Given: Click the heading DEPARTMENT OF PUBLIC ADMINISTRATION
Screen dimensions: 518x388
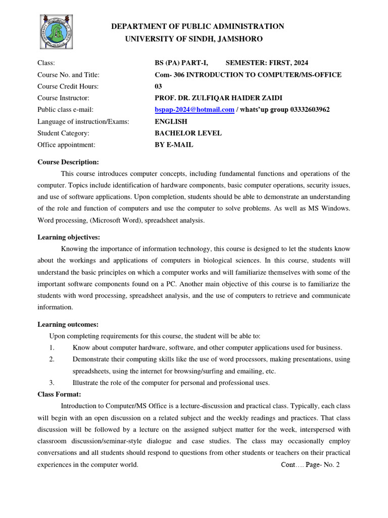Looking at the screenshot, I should pos(198,26).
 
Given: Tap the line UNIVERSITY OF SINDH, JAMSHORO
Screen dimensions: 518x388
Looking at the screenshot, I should pos(193,39).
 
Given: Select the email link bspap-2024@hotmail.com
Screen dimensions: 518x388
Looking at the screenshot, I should pos(194,110).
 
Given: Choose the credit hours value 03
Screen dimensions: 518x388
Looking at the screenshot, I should pos(158,87).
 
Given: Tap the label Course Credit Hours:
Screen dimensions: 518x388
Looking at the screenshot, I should pos(68,87).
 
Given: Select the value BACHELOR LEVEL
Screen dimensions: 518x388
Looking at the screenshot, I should pos(188,133).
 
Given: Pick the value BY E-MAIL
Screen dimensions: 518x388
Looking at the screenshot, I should pos(174,145).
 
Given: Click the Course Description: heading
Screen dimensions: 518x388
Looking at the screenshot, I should pos(68,162).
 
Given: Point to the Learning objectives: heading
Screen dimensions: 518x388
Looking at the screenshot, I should pos(69,237).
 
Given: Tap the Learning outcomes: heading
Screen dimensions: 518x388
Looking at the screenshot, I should pos(68,324).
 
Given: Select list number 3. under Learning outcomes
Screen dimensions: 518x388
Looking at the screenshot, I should pos(52,383).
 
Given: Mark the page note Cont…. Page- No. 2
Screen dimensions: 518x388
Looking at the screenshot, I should pos(310,464).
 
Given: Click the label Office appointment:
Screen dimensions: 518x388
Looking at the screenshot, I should pos(66,145).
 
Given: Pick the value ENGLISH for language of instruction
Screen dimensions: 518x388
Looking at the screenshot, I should pos(171,121).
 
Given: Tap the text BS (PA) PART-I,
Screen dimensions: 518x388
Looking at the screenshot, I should pos(181,63).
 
